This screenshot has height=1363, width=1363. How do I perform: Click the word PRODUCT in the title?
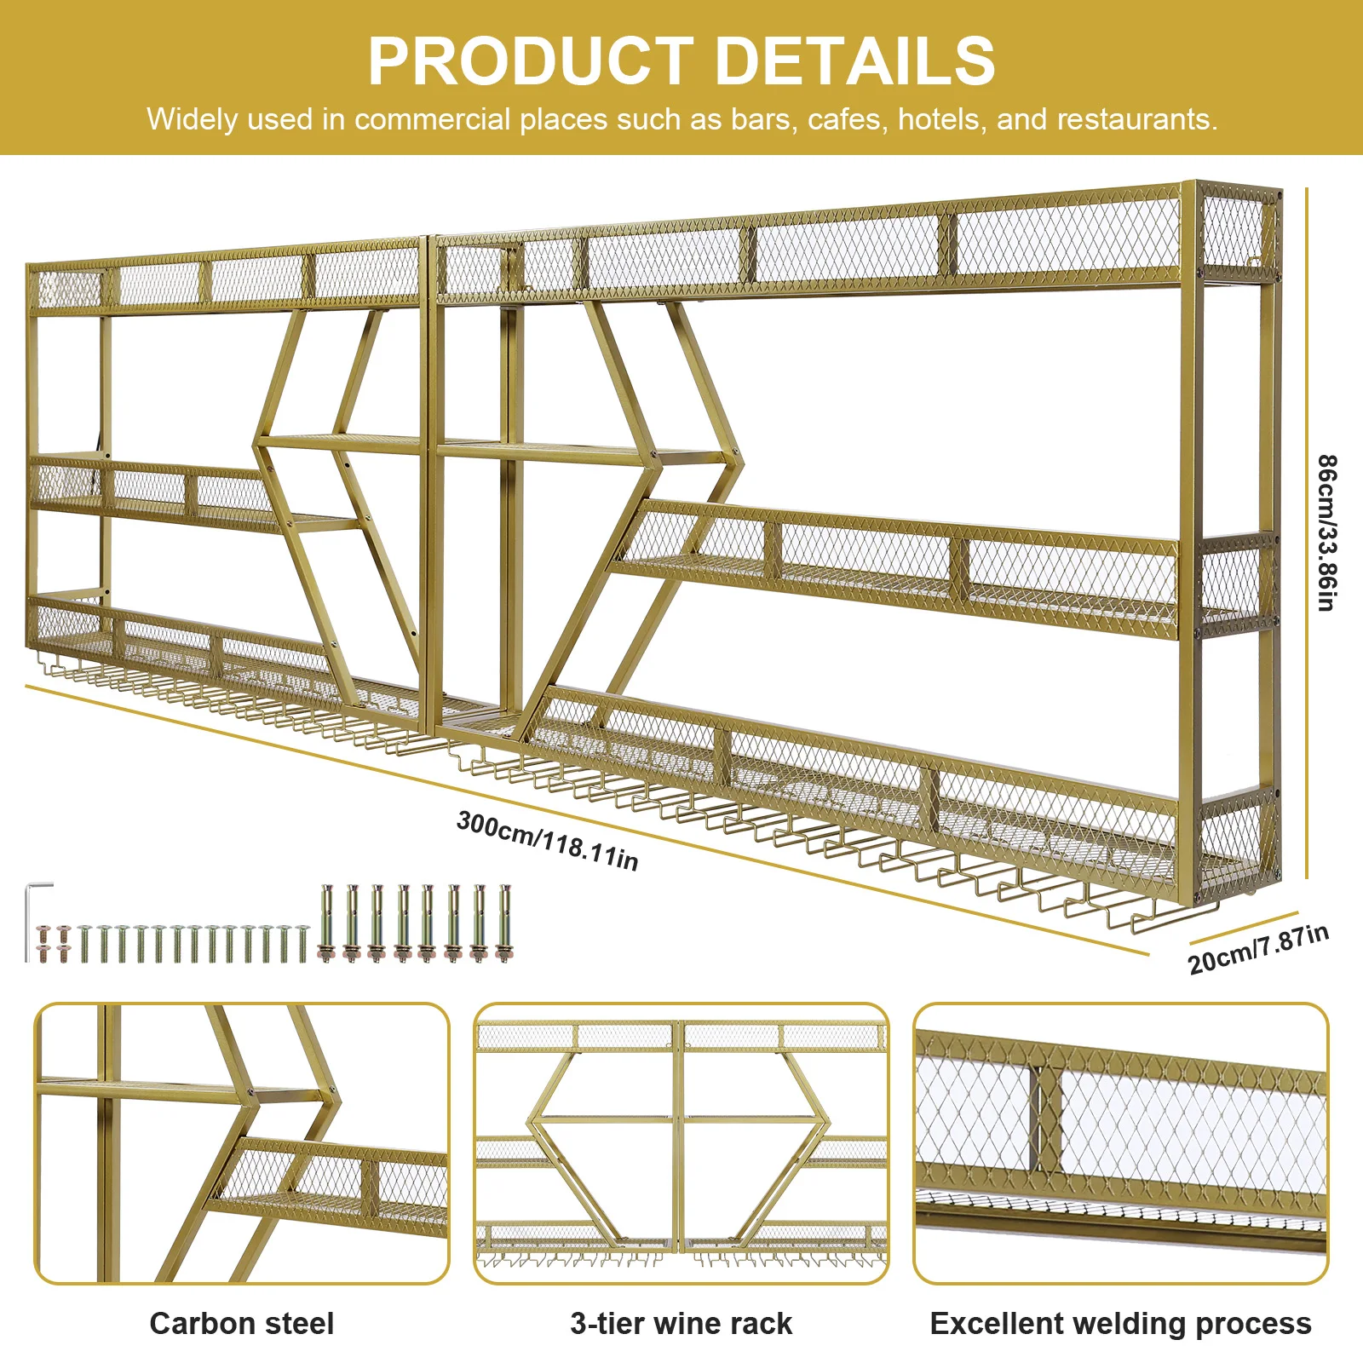point(530,61)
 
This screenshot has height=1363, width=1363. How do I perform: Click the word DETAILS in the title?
point(854,61)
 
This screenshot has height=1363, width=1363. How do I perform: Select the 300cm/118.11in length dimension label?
point(547,840)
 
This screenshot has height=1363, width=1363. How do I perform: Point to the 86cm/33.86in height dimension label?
point(1326,532)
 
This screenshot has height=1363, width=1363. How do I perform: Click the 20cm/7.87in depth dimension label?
point(1257,949)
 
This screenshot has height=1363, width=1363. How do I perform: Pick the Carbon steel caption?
point(241,1323)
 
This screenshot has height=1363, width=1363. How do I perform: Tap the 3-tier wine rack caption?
point(681,1323)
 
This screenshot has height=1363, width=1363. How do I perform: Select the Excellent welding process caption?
point(1120,1323)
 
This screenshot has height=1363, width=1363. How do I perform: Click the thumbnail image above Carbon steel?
point(241,1142)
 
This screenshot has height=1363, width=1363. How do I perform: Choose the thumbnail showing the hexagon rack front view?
point(681,1142)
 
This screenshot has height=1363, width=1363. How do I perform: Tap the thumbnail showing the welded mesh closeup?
point(1120,1142)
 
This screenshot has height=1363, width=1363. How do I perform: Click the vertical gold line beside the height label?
point(1306,532)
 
